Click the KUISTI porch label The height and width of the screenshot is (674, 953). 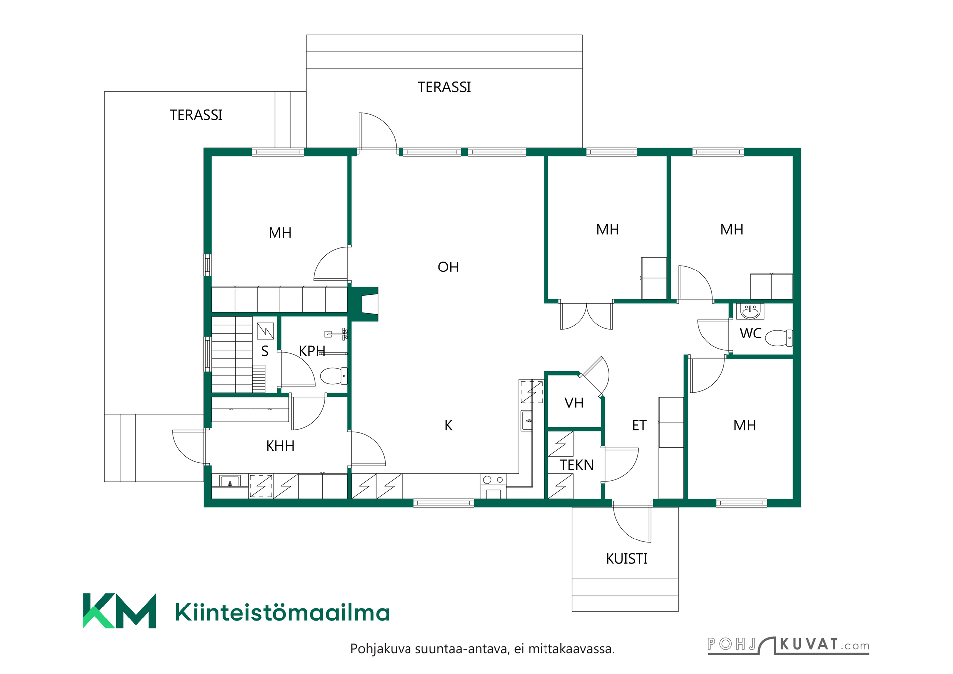click(626, 559)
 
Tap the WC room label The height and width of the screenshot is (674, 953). click(750, 334)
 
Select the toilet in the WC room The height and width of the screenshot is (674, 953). click(779, 338)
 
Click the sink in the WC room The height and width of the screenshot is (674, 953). click(750, 311)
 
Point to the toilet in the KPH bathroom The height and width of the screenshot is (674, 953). click(334, 376)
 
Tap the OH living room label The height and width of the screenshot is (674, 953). click(448, 267)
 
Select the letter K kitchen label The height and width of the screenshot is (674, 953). click(448, 425)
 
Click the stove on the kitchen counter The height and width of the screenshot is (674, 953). click(493, 486)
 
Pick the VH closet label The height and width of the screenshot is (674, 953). click(574, 403)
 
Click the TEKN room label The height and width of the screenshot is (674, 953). click(577, 465)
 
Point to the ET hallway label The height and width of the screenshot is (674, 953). click(639, 425)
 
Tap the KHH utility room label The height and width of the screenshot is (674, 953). click(280, 446)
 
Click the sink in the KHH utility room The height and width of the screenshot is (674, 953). click(230, 481)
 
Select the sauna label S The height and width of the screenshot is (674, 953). click(265, 351)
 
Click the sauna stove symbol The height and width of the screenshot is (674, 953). click(266, 331)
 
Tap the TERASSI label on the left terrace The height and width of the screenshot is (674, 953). click(196, 115)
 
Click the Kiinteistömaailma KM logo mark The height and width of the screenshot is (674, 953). click(120, 610)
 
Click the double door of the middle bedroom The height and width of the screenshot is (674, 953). click(586, 316)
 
